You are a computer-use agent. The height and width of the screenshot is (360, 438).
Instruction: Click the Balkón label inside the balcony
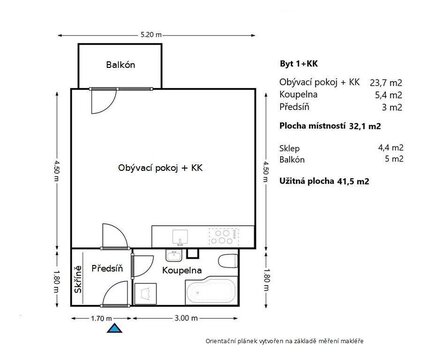[x=121, y=65]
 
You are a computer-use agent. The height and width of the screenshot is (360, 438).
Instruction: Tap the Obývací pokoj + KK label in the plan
[x=160, y=168]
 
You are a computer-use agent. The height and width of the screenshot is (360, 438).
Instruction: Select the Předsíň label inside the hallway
[x=107, y=268]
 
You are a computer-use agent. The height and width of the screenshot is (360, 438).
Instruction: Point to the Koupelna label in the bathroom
[x=182, y=270]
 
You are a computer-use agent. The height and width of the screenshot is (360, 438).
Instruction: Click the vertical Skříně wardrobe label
[x=78, y=279]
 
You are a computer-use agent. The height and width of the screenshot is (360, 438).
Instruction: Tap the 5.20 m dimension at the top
[x=151, y=34]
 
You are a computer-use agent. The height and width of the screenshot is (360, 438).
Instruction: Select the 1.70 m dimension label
[x=101, y=318]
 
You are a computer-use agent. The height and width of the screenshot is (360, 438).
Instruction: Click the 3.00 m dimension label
[x=186, y=318]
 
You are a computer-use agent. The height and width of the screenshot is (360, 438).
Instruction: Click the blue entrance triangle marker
[x=114, y=328]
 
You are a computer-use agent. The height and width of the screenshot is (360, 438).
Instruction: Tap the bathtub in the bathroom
[x=211, y=291]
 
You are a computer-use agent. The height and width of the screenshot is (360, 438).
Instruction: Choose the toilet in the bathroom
[x=228, y=261]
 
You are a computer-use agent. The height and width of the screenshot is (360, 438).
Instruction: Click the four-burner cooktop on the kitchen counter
[x=224, y=236]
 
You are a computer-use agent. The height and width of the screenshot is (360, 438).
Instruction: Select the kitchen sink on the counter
[x=180, y=237]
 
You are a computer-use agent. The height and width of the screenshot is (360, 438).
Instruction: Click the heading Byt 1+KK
[x=299, y=64]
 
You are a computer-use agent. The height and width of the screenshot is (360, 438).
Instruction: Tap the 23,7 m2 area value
[x=386, y=83]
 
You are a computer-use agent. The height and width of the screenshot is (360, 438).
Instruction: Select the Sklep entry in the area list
[x=289, y=148]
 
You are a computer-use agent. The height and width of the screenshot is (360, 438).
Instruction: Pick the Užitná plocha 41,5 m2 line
[x=324, y=181]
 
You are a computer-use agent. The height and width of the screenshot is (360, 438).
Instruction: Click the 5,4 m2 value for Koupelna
[x=388, y=95]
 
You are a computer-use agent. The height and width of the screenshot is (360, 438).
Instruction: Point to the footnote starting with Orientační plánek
[x=284, y=341]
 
